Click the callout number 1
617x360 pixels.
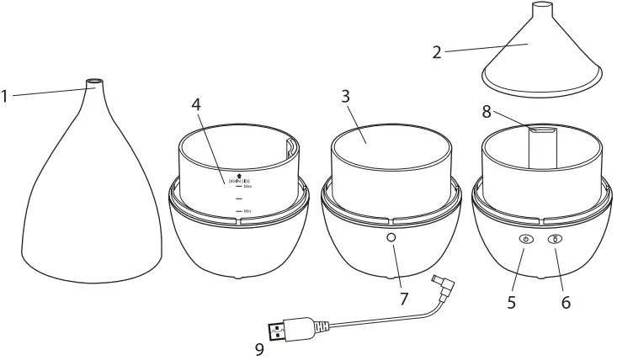tap(5, 97)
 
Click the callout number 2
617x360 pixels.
tap(437, 52)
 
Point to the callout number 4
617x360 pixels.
tap(197, 105)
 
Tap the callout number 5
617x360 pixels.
tap(512, 301)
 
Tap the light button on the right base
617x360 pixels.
tap(556, 240)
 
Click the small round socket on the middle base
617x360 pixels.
tap(391, 239)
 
